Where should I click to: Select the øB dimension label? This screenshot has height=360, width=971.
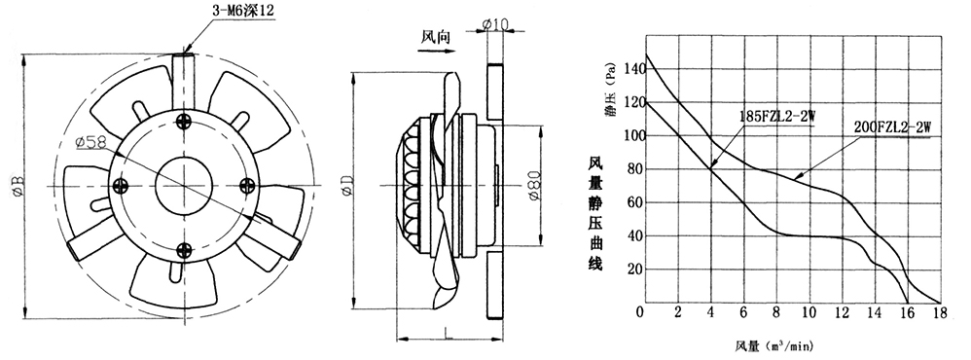pyautogui.click(x=18, y=186)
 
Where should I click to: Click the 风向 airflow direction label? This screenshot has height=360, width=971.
pyautogui.click(x=437, y=38)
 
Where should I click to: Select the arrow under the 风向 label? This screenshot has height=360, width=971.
pyautogui.click(x=437, y=52)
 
